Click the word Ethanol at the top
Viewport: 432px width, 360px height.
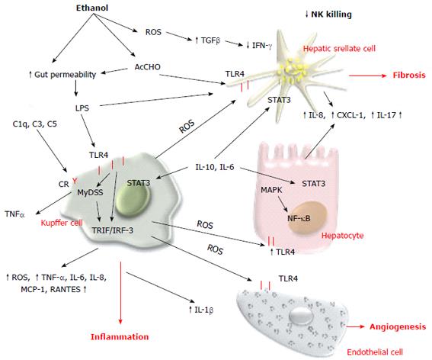92,8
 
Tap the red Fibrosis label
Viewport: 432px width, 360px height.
409,75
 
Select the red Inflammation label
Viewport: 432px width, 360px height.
120,336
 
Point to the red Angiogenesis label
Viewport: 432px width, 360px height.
398,327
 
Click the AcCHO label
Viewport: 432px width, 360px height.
147,67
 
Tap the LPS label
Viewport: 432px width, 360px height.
82,108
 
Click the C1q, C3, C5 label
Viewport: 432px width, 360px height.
35,124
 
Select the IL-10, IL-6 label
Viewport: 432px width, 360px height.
215,167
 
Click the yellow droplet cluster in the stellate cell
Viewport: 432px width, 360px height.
293,71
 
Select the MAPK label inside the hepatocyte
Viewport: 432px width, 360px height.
272,190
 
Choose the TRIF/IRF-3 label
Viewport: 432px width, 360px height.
113,230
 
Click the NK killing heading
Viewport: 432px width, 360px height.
328,14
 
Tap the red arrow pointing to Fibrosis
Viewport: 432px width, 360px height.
368,75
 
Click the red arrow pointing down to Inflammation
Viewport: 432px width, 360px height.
120,292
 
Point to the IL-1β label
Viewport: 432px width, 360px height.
201,310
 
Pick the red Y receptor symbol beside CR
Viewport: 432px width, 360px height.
75,182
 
